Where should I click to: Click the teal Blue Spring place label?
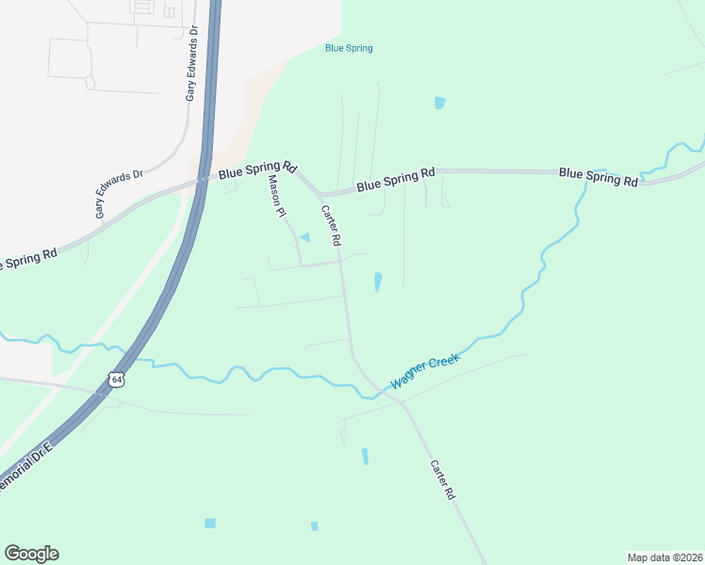tap(348, 48)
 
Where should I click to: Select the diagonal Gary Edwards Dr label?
tap(118, 194)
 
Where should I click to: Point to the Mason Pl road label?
tap(276, 197)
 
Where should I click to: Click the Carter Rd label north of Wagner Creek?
tap(330, 226)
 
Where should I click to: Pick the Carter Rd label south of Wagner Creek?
tap(443, 479)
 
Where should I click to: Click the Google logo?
tap(31, 554)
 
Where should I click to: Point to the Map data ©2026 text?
tap(664, 557)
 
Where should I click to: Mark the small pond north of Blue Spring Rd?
tap(439, 103)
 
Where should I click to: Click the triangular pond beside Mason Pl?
tap(304, 236)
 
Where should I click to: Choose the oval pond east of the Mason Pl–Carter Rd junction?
tap(378, 282)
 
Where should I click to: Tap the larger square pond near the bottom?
tap(209, 523)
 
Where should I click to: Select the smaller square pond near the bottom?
tap(314, 525)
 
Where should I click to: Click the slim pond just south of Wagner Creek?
tap(365, 457)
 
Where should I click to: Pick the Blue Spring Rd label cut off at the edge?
tap(28, 258)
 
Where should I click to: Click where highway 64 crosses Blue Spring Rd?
tap(204, 179)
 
